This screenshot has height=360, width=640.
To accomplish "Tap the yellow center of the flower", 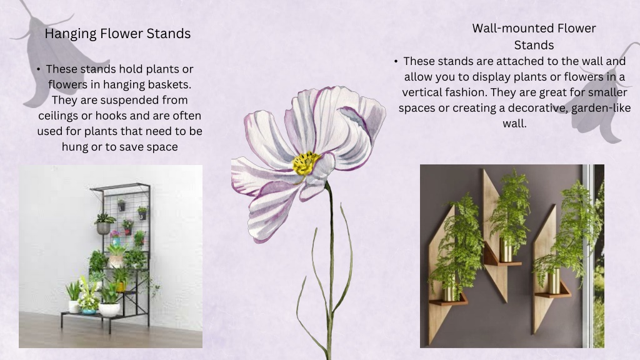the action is [305, 163].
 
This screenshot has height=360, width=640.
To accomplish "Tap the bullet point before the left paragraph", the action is [38, 69].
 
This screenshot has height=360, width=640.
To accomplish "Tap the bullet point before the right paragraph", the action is [396, 61].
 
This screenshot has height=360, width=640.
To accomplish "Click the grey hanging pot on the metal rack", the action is [103, 227].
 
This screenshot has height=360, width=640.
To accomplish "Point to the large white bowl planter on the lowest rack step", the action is [109, 309].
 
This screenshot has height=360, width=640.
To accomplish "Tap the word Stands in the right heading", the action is [534, 45].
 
